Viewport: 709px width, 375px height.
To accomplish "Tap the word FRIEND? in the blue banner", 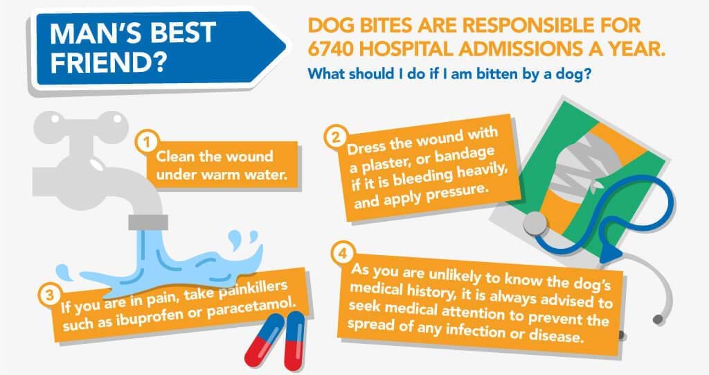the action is pyautogui.click(x=107, y=63).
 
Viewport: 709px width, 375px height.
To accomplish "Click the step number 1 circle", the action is pyautogui.click(x=146, y=142).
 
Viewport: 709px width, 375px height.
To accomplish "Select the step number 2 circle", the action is pyautogui.click(x=336, y=137).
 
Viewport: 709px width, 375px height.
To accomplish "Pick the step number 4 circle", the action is pyautogui.click(x=343, y=253).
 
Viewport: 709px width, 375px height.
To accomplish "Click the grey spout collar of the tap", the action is pyautogui.click(x=148, y=223).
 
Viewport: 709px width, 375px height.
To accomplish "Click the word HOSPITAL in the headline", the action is pyautogui.click(x=406, y=49).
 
